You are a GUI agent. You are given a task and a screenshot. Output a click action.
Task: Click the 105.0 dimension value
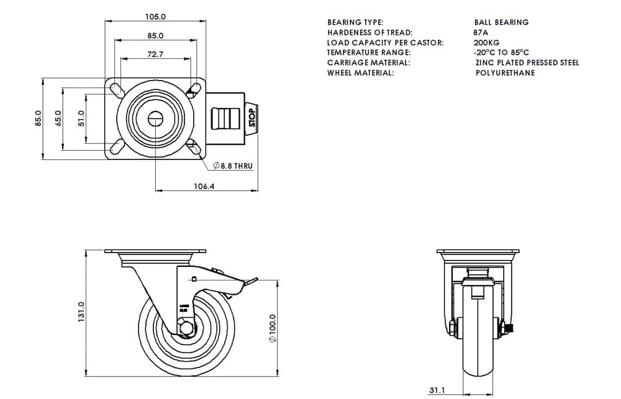(x=155, y=17)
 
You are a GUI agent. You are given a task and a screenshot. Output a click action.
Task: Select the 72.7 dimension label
(x=155, y=55)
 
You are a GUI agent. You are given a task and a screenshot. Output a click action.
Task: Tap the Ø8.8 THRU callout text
(x=232, y=166)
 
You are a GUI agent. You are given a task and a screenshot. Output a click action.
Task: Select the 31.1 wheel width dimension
(x=437, y=390)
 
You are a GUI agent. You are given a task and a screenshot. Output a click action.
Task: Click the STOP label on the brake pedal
(x=252, y=117)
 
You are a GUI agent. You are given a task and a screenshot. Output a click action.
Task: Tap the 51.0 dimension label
(x=81, y=118)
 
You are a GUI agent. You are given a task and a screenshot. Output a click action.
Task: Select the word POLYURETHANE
(x=505, y=73)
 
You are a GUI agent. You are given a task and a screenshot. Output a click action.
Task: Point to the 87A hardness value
(x=481, y=32)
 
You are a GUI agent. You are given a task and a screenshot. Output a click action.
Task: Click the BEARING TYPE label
(x=355, y=22)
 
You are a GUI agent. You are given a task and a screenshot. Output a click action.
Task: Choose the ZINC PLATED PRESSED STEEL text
(x=527, y=63)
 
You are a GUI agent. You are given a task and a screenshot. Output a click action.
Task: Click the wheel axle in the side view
(x=184, y=326)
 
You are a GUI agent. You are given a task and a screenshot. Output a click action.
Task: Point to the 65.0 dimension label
(x=58, y=118)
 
